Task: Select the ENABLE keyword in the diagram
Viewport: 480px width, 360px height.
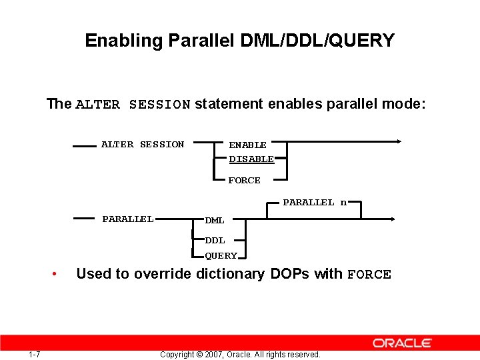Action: pos(247,145)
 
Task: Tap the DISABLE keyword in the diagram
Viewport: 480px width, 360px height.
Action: pos(251,159)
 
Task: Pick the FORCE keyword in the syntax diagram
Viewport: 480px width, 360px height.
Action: pos(245,180)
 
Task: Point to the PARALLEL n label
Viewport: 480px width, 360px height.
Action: pos(315,202)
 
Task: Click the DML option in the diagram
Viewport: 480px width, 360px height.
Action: pos(215,220)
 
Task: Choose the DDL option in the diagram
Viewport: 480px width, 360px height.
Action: pos(215,240)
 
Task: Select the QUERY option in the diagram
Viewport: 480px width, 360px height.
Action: pos(221,255)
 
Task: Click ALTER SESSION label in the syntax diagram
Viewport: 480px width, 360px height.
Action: pos(143,144)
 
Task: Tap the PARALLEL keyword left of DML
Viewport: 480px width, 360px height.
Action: pos(128,219)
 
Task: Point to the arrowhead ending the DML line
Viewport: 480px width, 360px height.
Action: pos(393,219)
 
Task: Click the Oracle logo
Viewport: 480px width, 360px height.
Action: pos(402,343)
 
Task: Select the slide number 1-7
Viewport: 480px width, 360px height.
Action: pos(35,354)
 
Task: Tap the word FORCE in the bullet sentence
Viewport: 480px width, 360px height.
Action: pos(369,275)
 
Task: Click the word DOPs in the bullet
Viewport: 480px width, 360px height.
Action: pos(290,274)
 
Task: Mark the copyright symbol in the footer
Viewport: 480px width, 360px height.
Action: pos(199,355)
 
